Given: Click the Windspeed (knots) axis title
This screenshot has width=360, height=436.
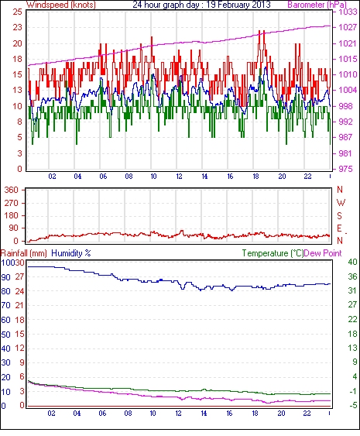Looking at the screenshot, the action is coord(61,5).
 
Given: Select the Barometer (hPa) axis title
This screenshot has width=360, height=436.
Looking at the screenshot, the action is coord(317,5).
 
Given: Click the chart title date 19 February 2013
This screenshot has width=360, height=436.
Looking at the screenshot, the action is coord(238,5).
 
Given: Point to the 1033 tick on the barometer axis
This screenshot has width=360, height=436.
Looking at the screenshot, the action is coord(348,12).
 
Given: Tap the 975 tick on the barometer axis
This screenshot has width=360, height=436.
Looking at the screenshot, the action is coord(345,169).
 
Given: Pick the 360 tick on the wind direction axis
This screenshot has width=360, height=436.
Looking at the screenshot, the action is coord(12,191).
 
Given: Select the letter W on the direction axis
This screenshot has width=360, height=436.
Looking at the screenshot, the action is coord(341,203).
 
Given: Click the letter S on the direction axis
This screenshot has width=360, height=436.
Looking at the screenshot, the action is coord(339,215).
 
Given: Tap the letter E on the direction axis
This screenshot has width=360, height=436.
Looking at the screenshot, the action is coord(339,228).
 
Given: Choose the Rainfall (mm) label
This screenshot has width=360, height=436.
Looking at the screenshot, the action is coord(23,253).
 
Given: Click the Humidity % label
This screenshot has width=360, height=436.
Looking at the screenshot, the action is coord(71,253).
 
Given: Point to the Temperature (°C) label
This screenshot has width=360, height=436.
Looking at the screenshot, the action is coord(273,253).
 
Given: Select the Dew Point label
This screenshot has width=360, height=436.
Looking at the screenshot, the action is coord(323,253).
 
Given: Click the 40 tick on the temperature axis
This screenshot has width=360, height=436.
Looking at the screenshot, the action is coord(352,262).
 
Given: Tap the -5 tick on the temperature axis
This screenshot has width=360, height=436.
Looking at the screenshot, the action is coord(352,405).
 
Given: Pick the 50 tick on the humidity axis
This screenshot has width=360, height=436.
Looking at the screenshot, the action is coord(6,334).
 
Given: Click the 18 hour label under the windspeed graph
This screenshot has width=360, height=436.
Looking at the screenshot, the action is coord(255,177).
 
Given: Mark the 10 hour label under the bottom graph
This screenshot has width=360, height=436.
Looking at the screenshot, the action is coord(153,414).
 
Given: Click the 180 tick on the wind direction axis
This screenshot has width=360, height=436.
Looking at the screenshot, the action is coord(12,215).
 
